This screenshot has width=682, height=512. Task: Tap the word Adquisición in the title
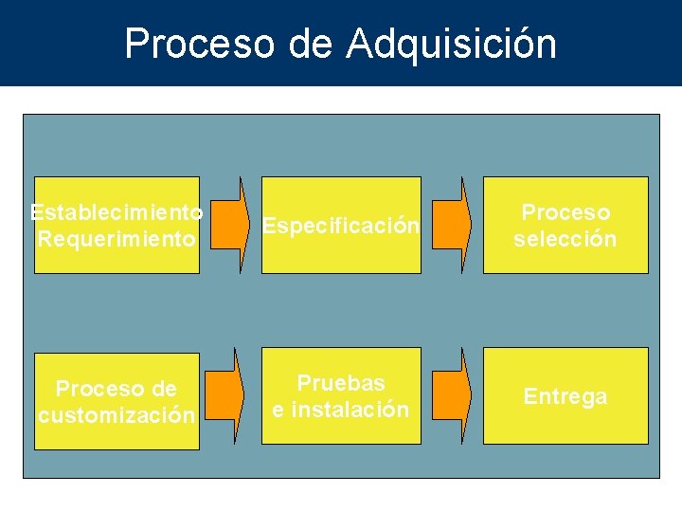coord(452,44)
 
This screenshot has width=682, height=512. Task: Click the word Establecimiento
coord(117,211)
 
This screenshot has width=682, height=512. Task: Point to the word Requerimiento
coord(117,239)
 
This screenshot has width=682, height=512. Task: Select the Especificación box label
coord(340,227)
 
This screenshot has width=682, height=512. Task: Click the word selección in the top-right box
coord(565,239)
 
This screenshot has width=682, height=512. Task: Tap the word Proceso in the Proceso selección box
coord(565,212)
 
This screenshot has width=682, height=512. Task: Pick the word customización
coord(117,415)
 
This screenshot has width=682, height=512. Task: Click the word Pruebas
coord(341,383)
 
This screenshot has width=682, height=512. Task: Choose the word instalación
coord(350,410)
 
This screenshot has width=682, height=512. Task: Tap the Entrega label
coord(565,396)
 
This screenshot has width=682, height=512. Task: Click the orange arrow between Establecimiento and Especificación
coord(230,226)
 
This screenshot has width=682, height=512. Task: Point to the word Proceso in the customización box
coord(94,389)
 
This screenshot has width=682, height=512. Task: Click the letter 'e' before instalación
coord(278,411)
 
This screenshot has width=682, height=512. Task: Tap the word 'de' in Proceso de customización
coord(163,389)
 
